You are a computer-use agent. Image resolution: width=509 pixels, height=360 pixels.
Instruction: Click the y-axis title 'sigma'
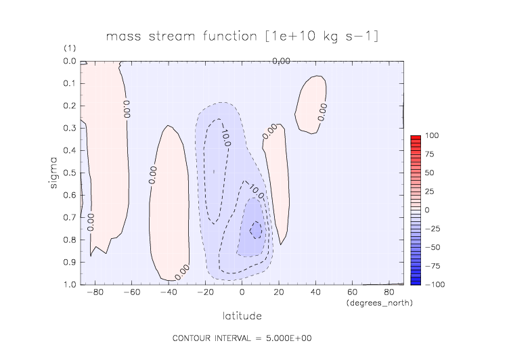tap(53, 173)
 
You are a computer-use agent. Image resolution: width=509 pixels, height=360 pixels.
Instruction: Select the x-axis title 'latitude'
tap(242, 316)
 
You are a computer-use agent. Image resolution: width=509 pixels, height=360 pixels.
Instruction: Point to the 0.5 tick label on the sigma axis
tap(70, 173)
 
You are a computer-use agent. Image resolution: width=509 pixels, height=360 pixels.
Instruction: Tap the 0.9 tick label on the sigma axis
tap(70, 262)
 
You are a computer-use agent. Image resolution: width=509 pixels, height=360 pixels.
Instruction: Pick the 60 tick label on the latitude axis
tap(352, 292)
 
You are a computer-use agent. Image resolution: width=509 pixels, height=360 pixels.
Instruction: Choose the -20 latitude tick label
tap(206, 292)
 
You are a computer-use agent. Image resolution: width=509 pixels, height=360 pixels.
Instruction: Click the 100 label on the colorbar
tap(432, 135)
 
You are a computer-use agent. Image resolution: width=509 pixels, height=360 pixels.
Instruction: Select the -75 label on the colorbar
tap(433, 266)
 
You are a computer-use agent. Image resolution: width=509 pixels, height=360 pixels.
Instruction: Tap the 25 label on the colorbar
tap(429, 192)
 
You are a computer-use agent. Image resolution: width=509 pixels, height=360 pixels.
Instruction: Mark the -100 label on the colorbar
tap(435, 285)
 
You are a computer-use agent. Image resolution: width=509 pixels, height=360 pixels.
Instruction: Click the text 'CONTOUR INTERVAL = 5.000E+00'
tap(242, 338)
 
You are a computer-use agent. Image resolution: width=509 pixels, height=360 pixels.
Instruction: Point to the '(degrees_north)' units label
tap(380, 303)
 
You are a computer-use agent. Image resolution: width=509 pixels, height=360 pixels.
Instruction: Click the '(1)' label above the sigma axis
tap(70, 48)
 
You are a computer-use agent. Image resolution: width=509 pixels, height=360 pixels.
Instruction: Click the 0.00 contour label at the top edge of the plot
tap(281, 61)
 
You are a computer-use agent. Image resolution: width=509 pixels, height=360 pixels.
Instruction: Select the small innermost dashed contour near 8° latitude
tap(256, 230)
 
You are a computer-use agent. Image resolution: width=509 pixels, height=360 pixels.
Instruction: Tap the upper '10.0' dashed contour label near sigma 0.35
tap(225, 138)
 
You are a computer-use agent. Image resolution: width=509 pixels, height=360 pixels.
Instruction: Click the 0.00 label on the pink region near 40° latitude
tap(322, 112)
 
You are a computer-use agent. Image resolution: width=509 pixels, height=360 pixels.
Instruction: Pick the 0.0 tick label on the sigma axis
tap(70, 61)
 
